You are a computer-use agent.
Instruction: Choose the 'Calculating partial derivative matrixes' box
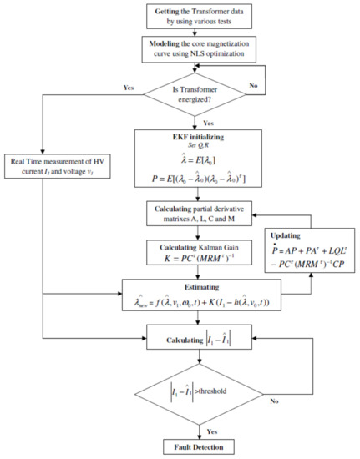198,219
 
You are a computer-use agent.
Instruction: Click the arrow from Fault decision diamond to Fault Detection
198,428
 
